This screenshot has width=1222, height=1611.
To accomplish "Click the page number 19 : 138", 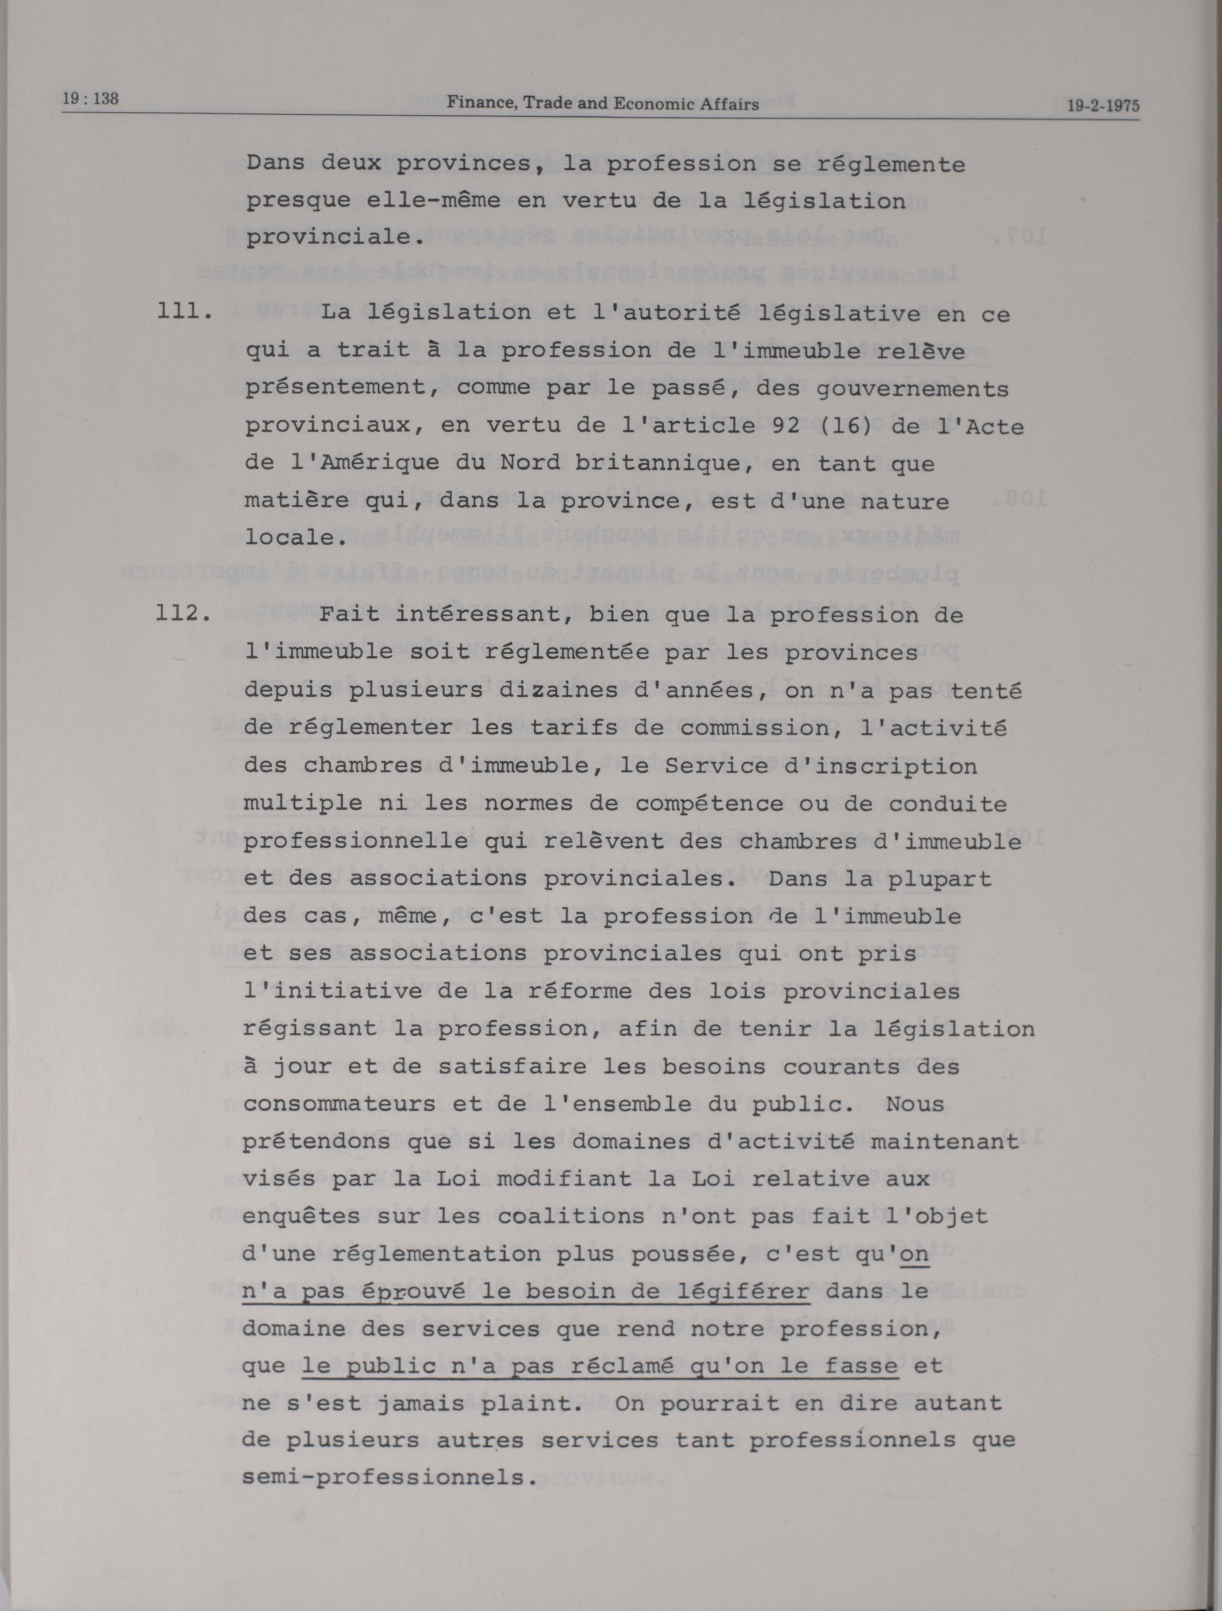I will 90,98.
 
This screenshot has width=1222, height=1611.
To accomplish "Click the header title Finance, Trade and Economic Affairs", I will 602,103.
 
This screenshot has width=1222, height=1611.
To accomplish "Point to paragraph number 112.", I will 184,613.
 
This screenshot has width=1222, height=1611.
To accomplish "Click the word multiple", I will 302,803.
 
